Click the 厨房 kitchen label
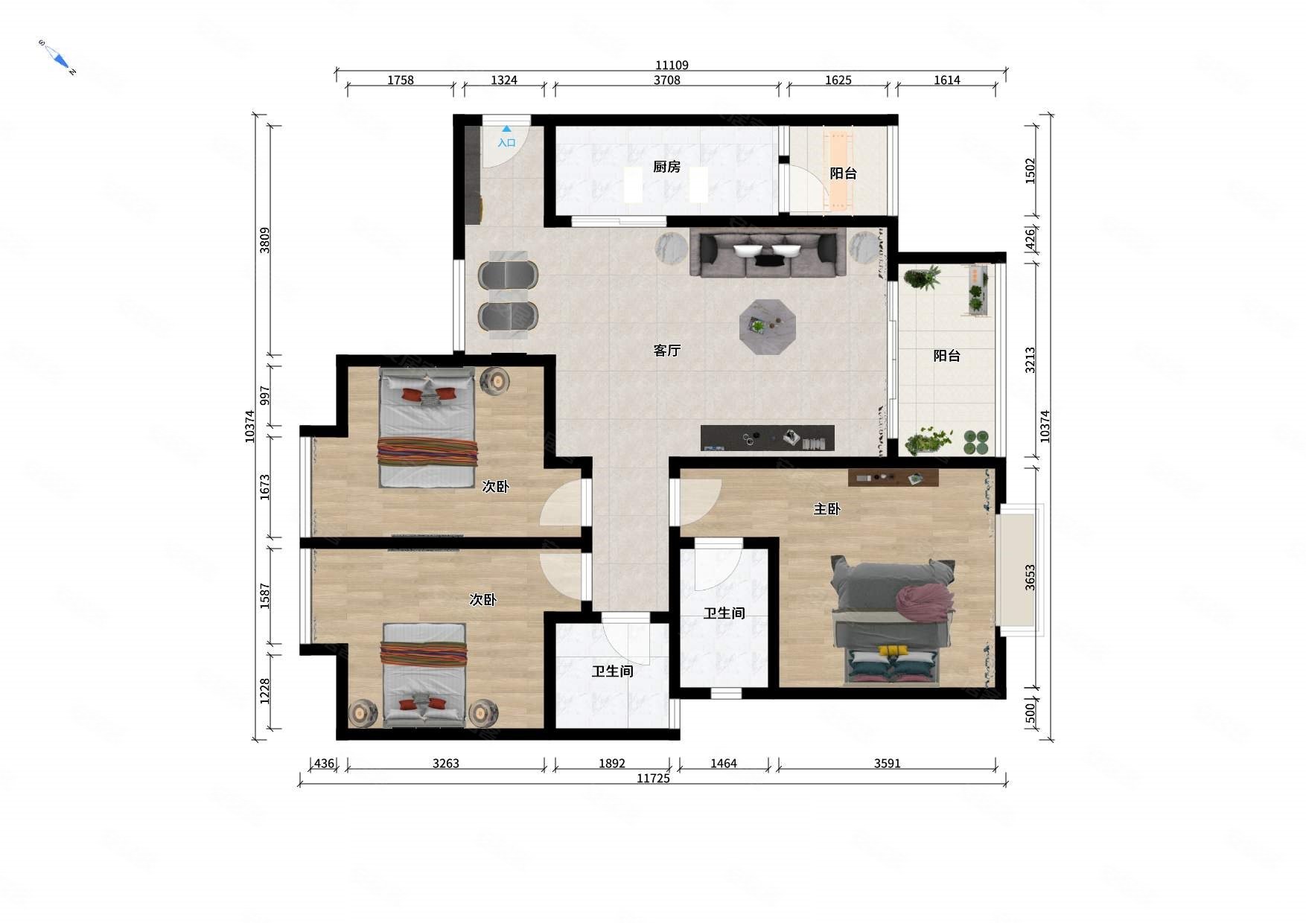pyautogui.click(x=666, y=167)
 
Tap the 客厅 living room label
pyautogui.click(x=666, y=350)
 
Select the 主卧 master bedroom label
pyautogui.click(x=826, y=509)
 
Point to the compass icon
pyautogui.click(x=58, y=57)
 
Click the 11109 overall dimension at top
pyautogui.click(x=672, y=66)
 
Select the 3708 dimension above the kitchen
pyautogui.click(x=667, y=80)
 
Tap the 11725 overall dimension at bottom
pyautogui.click(x=653, y=779)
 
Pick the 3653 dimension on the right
pyautogui.click(x=1030, y=578)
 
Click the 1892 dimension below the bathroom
pyautogui.click(x=612, y=764)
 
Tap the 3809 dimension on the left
pyautogui.click(x=265, y=240)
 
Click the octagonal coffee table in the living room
pyautogui.click(x=768, y=327)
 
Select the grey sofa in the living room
pyautogui.click(x=768, y=252)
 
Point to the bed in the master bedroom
pyautogui.click(x=894, y=622)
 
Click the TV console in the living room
pyautogui.click(x=767, y=438)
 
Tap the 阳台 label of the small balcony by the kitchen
pyautogui.click(x=843, y=173)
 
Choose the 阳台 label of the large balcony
pyautogui.click(x=946, y=356)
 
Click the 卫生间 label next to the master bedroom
pyautogui.click(x=724, y=613)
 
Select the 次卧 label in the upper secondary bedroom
pyautogui.click(x=495, y=487)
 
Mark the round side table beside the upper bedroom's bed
pyautogui.click(x=494, y=381)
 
